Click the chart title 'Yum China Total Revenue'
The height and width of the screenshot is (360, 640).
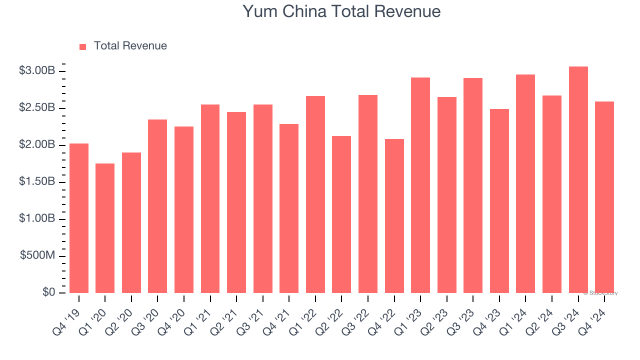(341, 11)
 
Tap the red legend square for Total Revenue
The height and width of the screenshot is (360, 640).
(83, 46)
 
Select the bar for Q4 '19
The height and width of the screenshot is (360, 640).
(79, 218)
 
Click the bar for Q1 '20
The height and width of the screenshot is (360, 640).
(105, 228)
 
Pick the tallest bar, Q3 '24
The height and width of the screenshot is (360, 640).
(578, 179)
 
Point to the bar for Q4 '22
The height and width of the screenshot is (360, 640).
(394, 216)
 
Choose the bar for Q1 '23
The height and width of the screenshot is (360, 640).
(420, 185)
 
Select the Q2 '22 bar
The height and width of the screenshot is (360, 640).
(341, 214)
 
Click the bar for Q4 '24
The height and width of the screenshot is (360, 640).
(604, 197)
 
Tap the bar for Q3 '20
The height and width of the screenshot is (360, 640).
(157, 206)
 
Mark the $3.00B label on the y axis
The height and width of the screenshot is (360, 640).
(37, 71)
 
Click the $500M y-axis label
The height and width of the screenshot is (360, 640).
(37, 255)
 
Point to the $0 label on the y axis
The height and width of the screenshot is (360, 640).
(48, 292)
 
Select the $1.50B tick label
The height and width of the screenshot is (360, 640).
(37, 181)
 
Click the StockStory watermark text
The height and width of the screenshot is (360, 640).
(600, 293)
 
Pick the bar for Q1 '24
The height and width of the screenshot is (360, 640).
(525, 183)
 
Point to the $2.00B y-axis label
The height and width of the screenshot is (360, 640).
(37, 145)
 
